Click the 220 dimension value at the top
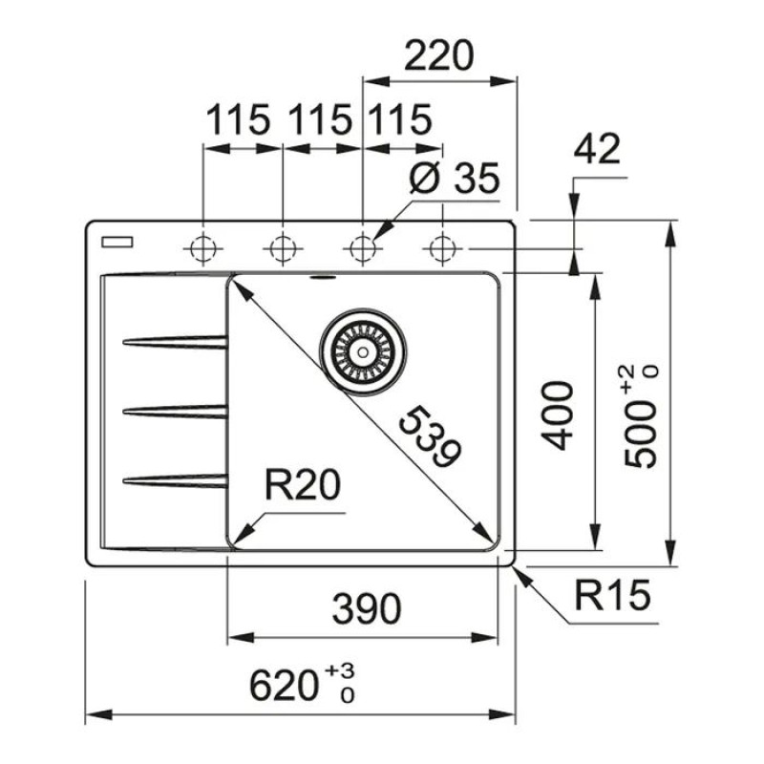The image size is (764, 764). tap(439, 56)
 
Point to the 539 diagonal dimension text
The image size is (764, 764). tap(427, 436)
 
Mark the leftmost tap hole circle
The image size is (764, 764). tap(203, 249)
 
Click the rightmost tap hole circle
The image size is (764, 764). tap(441, 249)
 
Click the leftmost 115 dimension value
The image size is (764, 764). tap(239, 120)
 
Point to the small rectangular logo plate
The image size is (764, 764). tap(119, 242)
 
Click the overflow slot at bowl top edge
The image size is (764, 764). tap(323, 279)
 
